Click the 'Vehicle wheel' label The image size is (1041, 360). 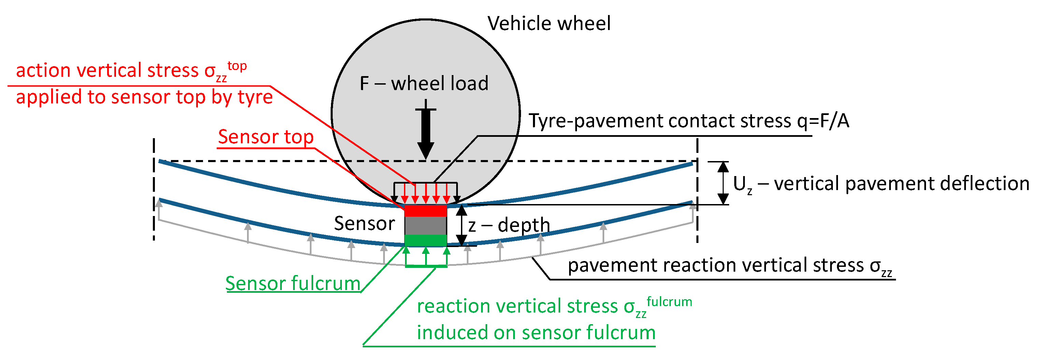(x=548, y=24)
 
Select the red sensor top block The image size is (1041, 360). (x=425, y=211)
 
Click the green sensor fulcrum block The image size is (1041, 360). (x=425, y=241)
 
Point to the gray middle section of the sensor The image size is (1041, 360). (x=425, y=226)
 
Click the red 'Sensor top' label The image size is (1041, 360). (x=265, y=137)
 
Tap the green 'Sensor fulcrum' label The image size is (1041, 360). (x=293, y=283)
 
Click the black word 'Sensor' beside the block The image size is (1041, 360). (x=364, y=224)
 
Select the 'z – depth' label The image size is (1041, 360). (x=509, y=225)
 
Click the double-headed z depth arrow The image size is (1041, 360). (x=462, y=226)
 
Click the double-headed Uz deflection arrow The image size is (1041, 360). (x=723, y=183)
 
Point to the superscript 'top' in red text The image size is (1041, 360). (x=237, y=66)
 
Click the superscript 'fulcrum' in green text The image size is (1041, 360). (x=669, y=302)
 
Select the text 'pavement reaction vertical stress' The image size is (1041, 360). (x=715, y=265)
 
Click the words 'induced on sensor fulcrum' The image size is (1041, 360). (x=536, y=332)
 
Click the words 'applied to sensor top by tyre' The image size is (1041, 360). (x=144, y=97)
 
